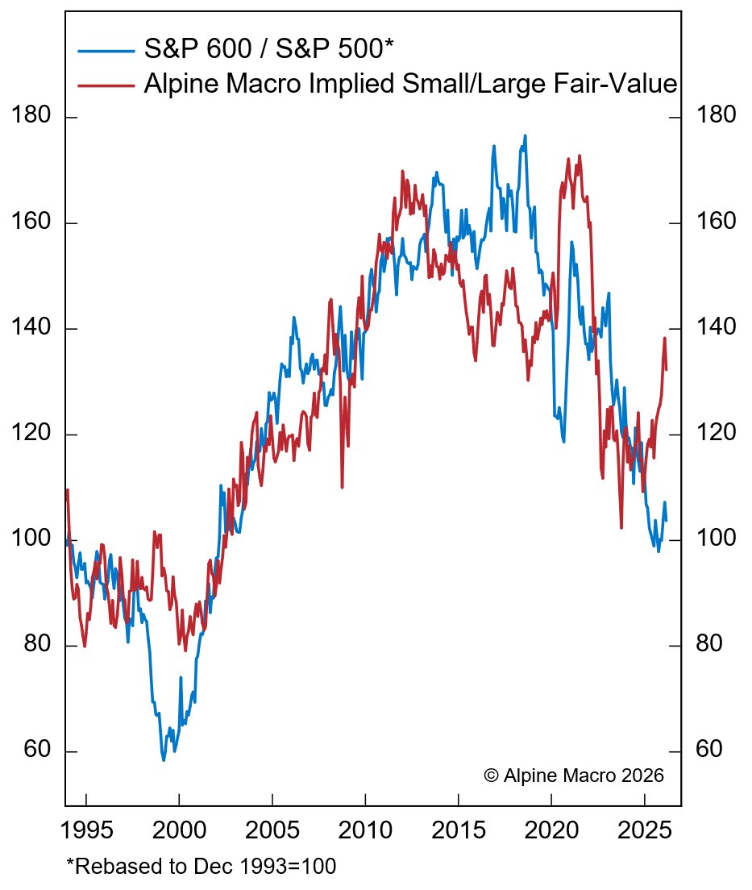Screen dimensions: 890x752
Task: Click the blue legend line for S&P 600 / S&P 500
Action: [x=106, y=51]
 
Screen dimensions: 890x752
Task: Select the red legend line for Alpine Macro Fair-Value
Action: [x=106, y=83]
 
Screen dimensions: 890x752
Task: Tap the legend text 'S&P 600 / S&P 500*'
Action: [x=268, y=50]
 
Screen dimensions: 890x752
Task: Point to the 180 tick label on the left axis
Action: [x=33, y=116]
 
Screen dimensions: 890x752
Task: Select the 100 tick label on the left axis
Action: [x=33, y=539]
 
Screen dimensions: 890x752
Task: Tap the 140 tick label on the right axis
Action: [x=714, y=327]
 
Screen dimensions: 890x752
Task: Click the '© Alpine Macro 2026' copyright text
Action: [x=573, y=776]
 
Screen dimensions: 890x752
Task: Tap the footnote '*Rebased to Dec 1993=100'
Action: [x=201, y=867]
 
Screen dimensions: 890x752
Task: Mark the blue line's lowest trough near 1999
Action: [x=164, y=759]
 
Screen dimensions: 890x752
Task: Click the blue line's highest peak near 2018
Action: [x=526, y=136]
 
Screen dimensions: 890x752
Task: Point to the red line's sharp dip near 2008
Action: [x=343, y=486]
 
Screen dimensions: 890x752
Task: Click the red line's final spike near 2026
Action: [x=665, y=339]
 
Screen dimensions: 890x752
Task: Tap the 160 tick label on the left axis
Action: [x=33, y=222]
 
